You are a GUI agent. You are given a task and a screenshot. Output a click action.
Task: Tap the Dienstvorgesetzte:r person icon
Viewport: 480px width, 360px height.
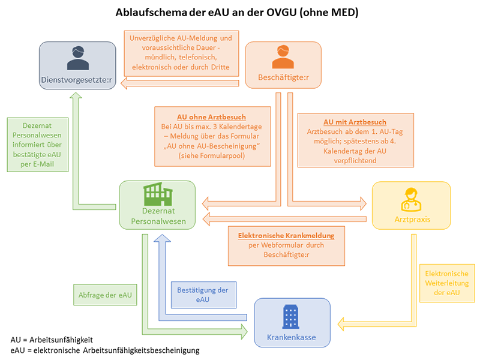77,58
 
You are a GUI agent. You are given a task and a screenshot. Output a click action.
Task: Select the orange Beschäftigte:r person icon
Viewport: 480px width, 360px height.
283,57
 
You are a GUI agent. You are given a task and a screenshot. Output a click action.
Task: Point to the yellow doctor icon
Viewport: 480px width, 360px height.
411,199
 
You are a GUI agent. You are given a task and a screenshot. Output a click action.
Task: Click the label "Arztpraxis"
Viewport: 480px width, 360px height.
411,220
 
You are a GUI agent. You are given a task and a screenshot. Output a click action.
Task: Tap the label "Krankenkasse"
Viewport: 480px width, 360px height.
292,338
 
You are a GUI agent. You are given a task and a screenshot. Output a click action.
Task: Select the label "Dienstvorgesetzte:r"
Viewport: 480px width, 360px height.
77,79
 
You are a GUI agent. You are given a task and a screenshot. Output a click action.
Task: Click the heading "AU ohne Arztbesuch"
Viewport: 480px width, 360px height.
211,116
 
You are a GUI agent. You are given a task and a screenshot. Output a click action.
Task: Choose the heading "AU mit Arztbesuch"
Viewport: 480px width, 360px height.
355,122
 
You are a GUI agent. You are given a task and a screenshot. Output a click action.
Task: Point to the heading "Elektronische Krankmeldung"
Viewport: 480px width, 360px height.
286,235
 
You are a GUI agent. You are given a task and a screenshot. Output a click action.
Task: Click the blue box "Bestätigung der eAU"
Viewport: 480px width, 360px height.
202,294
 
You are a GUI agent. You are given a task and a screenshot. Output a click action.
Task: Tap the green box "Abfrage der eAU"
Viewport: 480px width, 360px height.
104,295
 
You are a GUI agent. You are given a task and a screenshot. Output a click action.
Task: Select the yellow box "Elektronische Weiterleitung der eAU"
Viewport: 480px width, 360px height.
446,281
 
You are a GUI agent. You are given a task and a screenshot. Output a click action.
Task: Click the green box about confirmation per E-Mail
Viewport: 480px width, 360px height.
37,144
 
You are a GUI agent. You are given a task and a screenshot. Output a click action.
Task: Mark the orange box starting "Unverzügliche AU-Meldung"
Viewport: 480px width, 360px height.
179,53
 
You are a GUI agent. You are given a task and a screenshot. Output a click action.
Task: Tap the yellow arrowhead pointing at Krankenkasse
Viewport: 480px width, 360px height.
341,324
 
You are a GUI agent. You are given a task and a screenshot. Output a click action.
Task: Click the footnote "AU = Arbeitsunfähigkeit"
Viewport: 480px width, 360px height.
52,339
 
